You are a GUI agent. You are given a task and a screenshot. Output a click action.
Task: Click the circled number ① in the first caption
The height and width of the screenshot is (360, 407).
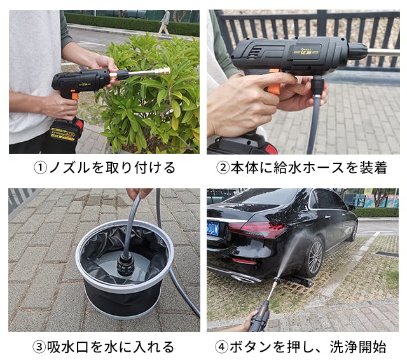40,168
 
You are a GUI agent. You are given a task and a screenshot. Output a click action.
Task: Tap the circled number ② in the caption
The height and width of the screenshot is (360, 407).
223,168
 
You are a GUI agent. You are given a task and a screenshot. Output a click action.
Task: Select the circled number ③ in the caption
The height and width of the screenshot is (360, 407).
39,347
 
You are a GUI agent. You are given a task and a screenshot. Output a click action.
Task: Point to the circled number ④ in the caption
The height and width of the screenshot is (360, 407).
222,347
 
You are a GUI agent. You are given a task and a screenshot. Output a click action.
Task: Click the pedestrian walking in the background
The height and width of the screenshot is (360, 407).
165,22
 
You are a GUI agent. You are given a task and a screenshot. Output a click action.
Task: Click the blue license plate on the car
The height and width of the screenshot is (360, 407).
213,229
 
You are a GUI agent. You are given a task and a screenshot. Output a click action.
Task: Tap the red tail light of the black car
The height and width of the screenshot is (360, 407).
257,230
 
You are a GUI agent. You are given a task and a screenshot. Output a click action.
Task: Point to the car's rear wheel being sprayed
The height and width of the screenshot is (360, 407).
314,257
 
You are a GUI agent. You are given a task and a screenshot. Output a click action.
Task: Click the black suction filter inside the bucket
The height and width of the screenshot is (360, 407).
126,265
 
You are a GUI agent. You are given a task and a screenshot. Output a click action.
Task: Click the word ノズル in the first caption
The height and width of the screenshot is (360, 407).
69,168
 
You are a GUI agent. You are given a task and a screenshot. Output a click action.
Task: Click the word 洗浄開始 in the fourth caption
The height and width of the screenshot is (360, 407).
357,347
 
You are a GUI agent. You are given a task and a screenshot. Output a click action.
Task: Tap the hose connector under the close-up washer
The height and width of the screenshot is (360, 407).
317,86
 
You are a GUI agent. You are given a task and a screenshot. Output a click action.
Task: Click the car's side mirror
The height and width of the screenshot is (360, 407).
352,207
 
